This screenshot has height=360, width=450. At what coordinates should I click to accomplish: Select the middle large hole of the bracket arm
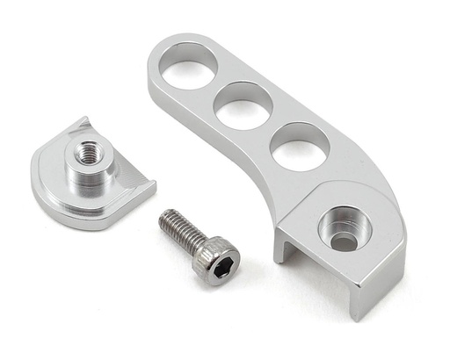click(x=243, y=105)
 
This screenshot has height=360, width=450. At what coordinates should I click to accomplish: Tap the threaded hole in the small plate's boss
click(x=88, y=153)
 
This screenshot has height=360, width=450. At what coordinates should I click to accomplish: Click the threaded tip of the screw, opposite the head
click(x=165, y=216)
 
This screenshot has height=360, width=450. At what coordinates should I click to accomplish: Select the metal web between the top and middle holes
click(x=215, y=87)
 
